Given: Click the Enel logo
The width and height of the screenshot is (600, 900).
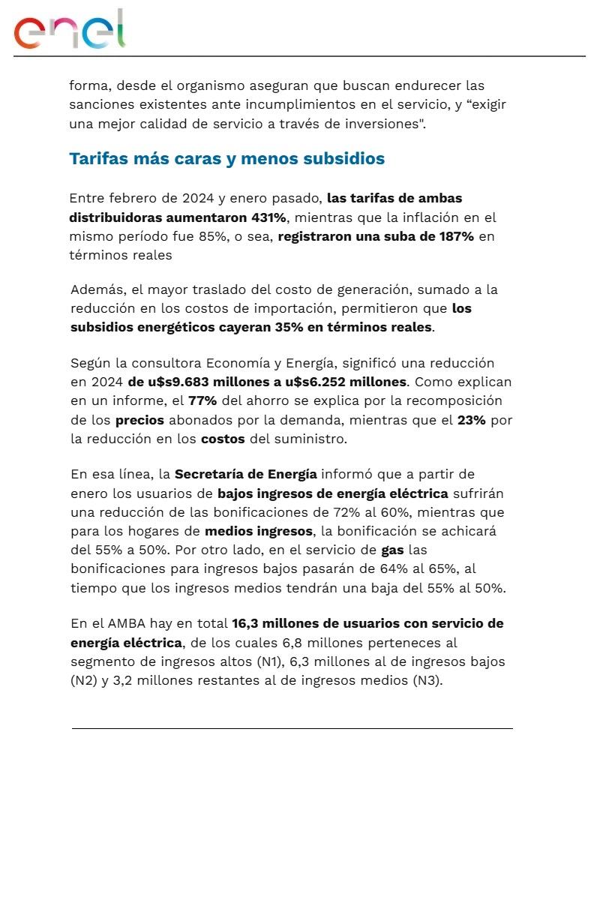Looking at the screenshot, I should pyautogui.click(x=69, y=30).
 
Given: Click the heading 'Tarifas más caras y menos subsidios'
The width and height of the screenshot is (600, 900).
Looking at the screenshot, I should pyautogui.click(x=226, y=159).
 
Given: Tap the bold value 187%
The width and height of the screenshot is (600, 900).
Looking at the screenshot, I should pyautogui.click(x=456, y=236).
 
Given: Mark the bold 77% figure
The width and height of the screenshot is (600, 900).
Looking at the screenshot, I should pyautogui.click(x=202, y=400).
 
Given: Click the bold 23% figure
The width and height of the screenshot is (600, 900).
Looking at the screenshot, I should pyautogui.click(x=471, y=420).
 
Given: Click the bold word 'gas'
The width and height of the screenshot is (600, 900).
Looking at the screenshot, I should pyautogui.click(x=392, y=550).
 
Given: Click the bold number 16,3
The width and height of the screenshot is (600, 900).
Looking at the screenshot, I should pyautogui.click(x=245, y=623).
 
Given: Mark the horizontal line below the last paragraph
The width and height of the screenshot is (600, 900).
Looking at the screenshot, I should pyautogui.click(x=292, y=728).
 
